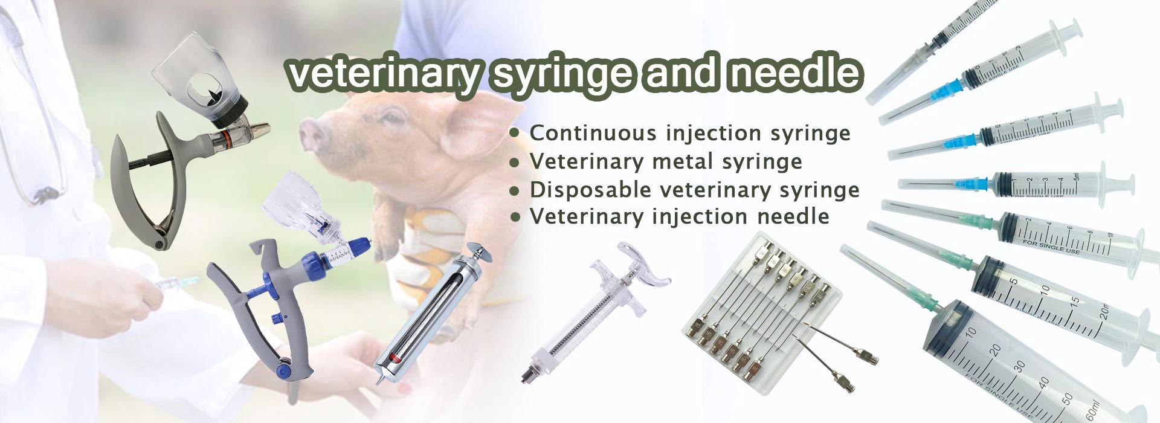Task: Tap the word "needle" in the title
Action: [794, 73]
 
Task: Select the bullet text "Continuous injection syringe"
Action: [690, 133]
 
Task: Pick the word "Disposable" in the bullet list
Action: [591, 190]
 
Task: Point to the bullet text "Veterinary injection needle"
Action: [679, 216]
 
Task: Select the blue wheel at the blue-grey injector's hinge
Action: [283, 368]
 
